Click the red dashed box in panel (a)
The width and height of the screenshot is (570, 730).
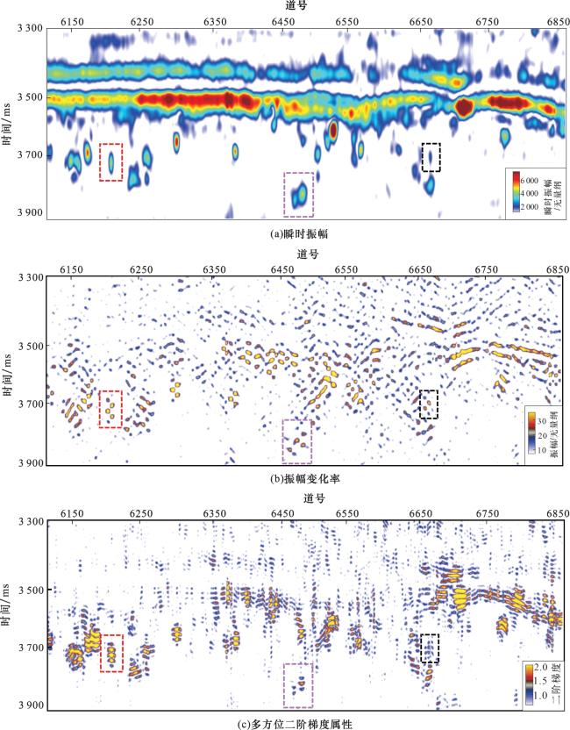coord(110,162)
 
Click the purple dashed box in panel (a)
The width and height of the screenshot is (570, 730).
coord(298,194)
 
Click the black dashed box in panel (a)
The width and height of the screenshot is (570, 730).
coord(431,157)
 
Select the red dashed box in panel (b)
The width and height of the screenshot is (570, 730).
coord(110,409)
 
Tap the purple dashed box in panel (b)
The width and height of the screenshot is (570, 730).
coord(297,440)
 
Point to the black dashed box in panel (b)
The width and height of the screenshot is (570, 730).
coord(429,404)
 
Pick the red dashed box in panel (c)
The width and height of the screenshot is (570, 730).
coord(111,653)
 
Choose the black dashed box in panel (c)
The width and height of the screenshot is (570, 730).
coord(430,648)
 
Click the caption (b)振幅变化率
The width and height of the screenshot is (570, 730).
coord(284,479)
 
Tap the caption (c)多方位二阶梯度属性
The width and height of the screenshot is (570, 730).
coord(284,724)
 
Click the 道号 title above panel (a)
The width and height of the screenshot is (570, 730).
coord(284,5)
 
